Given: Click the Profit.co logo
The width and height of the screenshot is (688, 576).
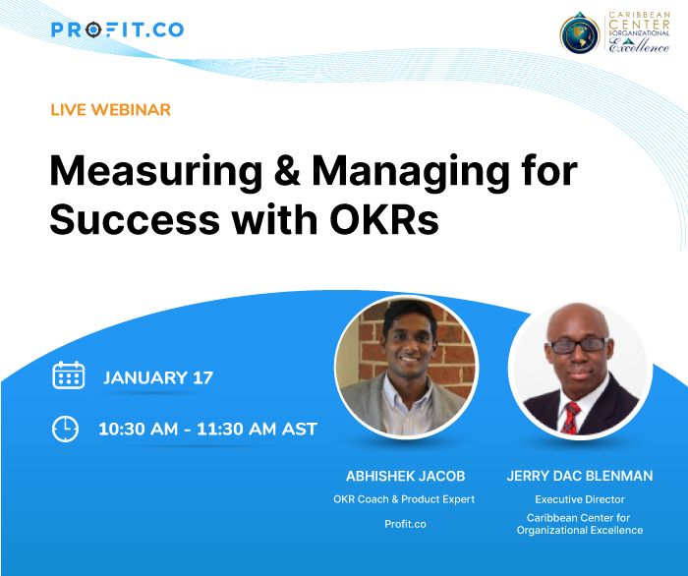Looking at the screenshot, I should pos(117,29).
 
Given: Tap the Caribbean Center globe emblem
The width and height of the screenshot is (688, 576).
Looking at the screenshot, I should pos(579,33).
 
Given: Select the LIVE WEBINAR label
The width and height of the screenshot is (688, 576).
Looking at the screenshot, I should pos(110,109).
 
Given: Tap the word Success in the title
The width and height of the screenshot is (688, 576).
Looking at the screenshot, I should pos(132,220).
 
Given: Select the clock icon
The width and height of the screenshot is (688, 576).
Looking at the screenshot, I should pos(65,429).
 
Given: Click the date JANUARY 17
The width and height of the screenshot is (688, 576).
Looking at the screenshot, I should pos(158,377).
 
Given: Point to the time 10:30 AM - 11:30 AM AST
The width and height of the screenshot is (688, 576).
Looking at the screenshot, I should pos(207,429).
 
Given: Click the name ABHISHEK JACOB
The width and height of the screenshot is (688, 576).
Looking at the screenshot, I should pos(404,476).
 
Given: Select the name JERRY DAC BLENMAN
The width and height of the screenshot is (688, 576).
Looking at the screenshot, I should pos(579,476).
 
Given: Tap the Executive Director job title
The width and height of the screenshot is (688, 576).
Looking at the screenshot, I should pos(579,499).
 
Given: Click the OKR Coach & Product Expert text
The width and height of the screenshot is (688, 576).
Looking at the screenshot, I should pos(404,499).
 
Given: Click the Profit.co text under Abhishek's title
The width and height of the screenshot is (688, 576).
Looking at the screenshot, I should pos(405,524).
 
